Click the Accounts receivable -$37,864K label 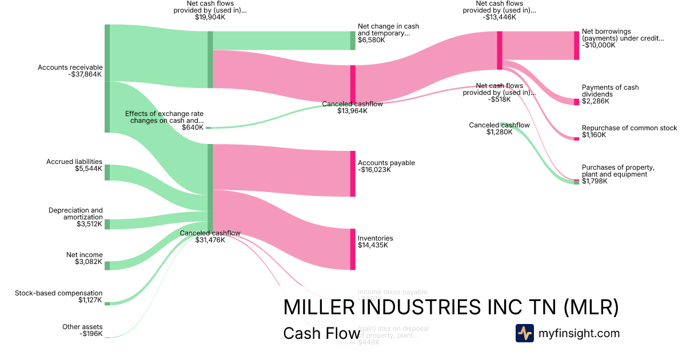(x=70, y=71)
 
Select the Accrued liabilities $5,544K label (x=74, y=165)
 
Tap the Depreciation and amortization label (x=75, y=217)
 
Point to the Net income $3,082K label (x=85, y=258)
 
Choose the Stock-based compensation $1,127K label (x=59, y=297)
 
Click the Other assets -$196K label (x=82, y=330)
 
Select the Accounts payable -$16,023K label (x=386, y=166)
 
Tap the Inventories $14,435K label (x=375, y=242)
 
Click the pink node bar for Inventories (x=353, y=249)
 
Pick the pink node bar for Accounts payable (x=353, y=174)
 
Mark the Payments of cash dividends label (x=610, y=94)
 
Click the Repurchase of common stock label (x=629, y=131)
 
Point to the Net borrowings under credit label (x=623, y=38)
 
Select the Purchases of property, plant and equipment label (x=618, y=174)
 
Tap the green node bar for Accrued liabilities (x=107, y=173)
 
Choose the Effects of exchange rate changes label (x=164, y=121)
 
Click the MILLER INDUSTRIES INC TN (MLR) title (x=450, y=307)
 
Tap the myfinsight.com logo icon (x=524, y=333)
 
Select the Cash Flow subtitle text (x=321, y=334)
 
